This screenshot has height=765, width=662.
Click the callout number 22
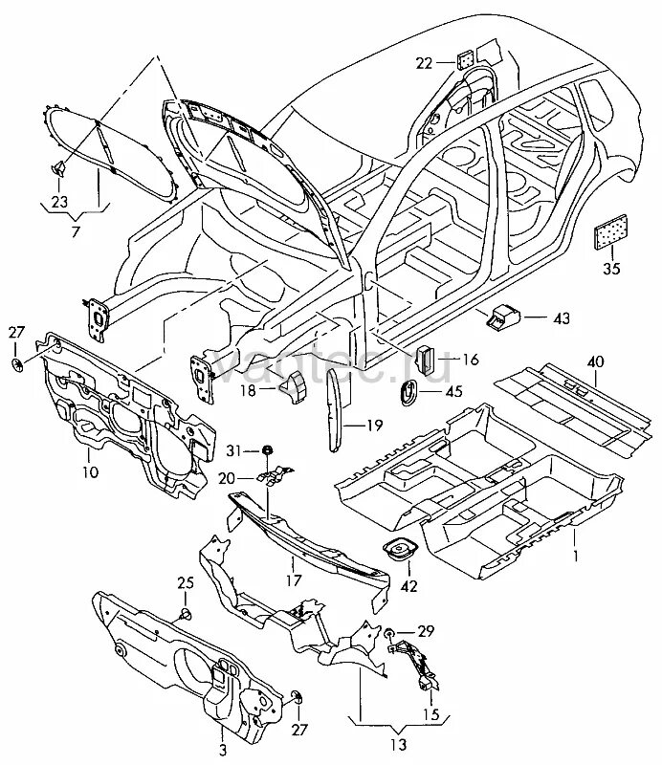coord(424,63)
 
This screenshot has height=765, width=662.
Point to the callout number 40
coord(595,361)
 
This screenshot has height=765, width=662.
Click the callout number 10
coord(89,472)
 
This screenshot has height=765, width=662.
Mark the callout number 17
coord(297,578)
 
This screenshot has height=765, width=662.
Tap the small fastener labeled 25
coord(186,613)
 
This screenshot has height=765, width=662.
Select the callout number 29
coord(426,632)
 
